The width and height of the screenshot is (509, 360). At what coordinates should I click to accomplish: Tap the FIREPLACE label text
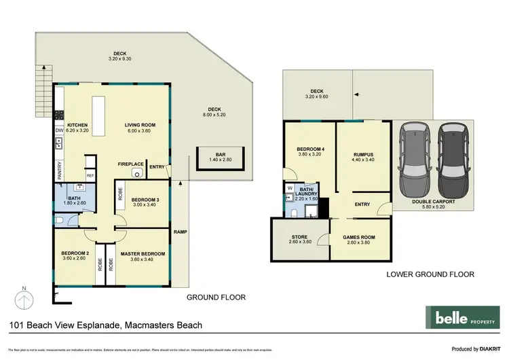[x=130, y=164]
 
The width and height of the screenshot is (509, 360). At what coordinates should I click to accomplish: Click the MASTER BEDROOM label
[x=143, y=254]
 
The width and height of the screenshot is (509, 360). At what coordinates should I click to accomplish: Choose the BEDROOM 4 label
[x=309, y=149]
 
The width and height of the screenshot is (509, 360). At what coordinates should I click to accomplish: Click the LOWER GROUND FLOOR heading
[x=430, y=275]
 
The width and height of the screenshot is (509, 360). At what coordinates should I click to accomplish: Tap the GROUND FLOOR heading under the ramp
[x=216, y=297]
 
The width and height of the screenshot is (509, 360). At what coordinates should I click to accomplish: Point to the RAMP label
[x=181, y=232]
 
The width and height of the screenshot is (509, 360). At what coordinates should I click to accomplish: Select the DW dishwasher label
[x=59, y=130]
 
